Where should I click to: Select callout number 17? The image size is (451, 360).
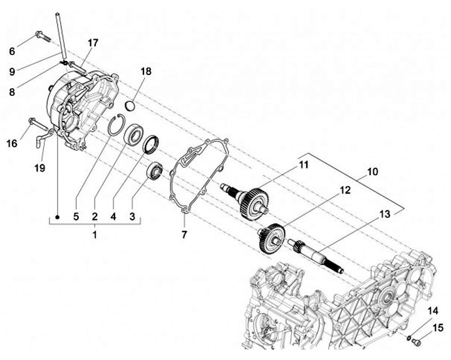(93, 43)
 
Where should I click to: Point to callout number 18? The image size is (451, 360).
(146, 71)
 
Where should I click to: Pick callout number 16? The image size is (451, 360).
(11, 143)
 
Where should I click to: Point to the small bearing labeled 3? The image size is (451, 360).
(155, 170)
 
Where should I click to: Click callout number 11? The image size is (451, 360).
(303, 165)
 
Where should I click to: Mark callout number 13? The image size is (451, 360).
(384, 213)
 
